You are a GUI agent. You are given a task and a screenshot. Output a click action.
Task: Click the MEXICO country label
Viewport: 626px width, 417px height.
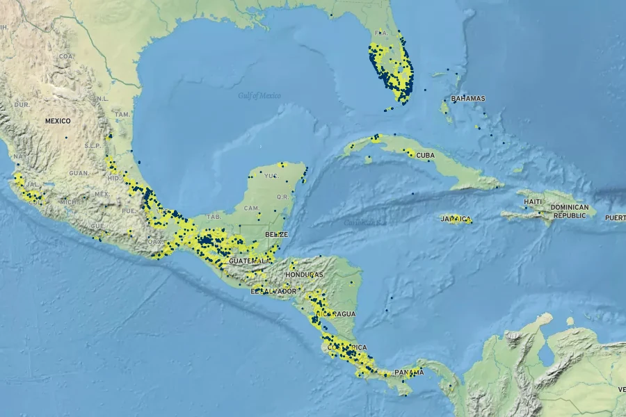[58, 121]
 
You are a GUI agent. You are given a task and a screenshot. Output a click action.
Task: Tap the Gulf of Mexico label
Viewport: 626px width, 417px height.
[259, 95]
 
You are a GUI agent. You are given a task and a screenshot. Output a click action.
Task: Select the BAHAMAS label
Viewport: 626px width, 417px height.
[468, 99]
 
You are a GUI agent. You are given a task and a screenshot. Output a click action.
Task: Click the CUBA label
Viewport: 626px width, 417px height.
[425, 155]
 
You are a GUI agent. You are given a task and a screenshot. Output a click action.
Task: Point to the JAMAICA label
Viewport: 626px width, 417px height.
[456, 220]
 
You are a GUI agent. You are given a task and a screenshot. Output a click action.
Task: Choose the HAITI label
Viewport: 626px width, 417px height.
[533, 202]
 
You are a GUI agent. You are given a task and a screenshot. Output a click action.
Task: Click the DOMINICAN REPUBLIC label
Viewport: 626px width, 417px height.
[569, 211]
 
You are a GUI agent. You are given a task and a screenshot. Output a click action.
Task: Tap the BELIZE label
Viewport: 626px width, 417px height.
[276, 235]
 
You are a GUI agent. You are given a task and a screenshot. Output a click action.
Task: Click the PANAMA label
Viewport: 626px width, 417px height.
[409, 373]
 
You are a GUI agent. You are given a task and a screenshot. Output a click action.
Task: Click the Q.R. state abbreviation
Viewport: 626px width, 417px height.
[282, 197]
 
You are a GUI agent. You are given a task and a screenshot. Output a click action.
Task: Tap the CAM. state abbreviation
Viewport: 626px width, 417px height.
[252, 208]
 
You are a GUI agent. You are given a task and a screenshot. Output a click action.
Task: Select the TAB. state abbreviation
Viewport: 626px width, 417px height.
[214, 216]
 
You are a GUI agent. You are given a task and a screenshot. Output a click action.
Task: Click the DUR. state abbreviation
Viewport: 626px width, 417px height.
[22, 104]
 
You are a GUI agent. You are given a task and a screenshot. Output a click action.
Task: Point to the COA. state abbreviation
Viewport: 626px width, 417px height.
[66, 56]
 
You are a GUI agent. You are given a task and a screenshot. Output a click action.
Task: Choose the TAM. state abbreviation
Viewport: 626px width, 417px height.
[122, 114]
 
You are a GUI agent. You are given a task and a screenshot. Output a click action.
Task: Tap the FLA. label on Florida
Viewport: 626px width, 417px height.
[380, 33]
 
